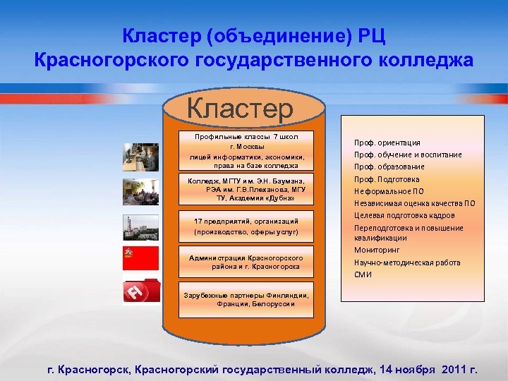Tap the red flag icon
pyautogui.click(x=140, y=259)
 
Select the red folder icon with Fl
pyautogui.click(x=140, y=291)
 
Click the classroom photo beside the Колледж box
pyautogui.click(x=140, y=191)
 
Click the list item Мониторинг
pyautogui.click(x=377, y=250)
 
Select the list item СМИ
pyautogui.click(x=363, y=274)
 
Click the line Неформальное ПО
pyautogui.click(x=389, y=190)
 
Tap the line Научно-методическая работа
pyautogui.click(x=406, y=262)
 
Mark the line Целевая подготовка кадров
pyautogui.click(x=404, y=215)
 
